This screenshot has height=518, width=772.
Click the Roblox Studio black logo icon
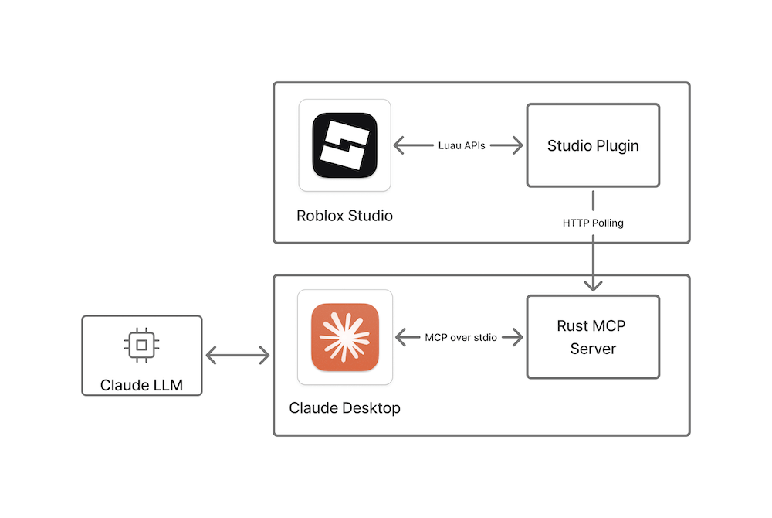(344, 145)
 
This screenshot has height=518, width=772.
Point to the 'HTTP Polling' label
(593, 223)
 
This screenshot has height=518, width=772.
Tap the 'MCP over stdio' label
(460, 337)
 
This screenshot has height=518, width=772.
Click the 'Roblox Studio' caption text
(344, 216)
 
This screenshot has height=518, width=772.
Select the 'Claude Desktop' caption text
(344, 407)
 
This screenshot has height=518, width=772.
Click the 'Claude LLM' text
(142, 384)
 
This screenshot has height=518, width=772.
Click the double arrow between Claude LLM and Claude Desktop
(238, 356)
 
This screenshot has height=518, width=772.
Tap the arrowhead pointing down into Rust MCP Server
(593, 286)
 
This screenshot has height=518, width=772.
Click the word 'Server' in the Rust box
(593, 349)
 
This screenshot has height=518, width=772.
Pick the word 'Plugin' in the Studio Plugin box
(615, 145)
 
